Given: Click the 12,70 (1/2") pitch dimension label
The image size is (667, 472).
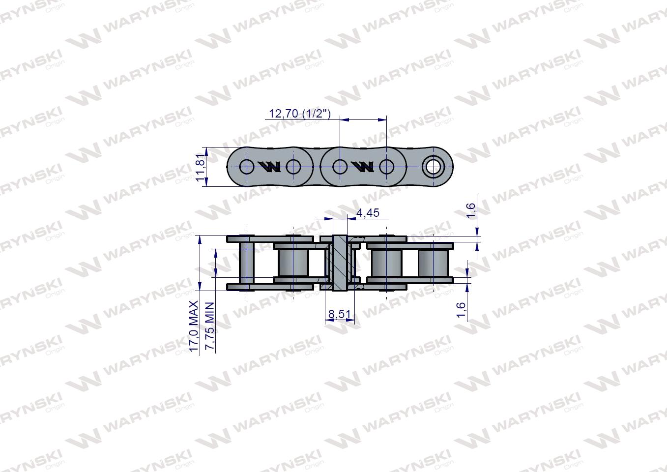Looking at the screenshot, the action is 299,114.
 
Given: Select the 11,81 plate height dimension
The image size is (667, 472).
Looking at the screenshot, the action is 201,167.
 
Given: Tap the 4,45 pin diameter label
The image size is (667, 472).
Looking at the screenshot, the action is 368,212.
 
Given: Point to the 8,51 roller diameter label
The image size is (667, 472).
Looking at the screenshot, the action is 340,314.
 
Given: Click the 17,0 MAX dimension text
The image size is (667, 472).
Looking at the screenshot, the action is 194,326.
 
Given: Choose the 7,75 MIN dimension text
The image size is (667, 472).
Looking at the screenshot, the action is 209,326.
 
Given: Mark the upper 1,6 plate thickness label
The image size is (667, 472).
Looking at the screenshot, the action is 470,210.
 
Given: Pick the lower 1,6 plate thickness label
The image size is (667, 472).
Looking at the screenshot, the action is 461,310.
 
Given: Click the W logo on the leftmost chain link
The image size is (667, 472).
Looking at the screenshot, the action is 269,167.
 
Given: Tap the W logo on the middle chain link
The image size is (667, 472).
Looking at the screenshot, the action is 363,167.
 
